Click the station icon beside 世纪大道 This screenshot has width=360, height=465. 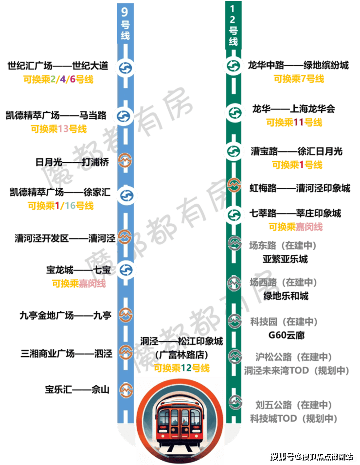pyautogui.click(x=126, y=68)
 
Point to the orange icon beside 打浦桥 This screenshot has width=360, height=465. pyautogui.click(x=126, y=161)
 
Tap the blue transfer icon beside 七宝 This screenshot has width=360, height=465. pyautogui.click(x=126, y=269)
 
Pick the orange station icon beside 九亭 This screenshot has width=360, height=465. pyautogui.click(x=126, y=315)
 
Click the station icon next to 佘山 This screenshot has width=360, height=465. pyautogui.click(x=126, y=389)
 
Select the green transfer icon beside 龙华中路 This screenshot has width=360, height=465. pyautogui.click(x=233, y=66)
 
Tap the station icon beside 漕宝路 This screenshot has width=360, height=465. pyautogui.click(x=233, y=151)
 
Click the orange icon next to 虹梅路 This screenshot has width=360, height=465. pyautogui.click(x=235, y=186)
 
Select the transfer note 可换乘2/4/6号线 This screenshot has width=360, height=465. pyautogui.click(x=58, y=79)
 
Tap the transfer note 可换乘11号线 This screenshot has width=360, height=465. pyautogui.click(x=294, y=123)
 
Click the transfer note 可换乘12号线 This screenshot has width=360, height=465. pyautogui.click(x=181, y=368)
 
